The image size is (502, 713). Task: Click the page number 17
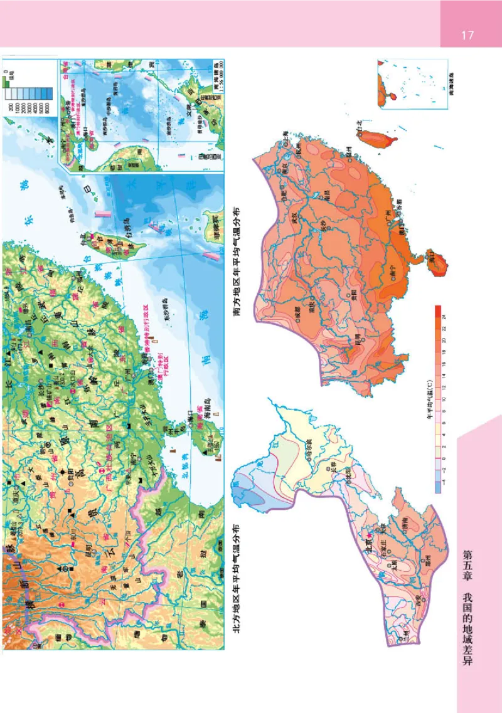tap(467, 34)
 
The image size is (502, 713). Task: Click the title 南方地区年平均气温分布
tap(238, 260)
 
